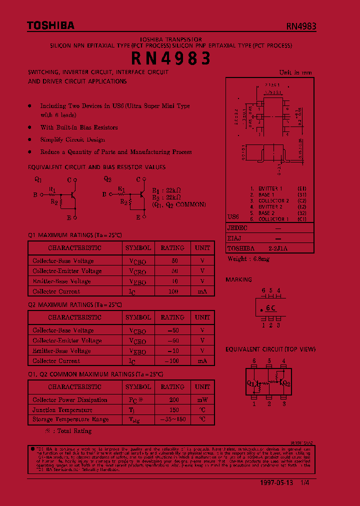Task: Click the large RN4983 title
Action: (171, 59)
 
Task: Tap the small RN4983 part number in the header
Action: (301, 27)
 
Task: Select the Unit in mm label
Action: (295, 72)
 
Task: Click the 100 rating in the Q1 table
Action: (172, 291)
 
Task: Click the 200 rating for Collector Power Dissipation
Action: (173, 400)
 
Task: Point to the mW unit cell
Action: (202, 400)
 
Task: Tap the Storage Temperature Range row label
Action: (70, 419)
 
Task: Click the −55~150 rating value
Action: (172, 419)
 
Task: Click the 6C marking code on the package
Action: (271, 308)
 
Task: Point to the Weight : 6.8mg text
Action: (248, 259)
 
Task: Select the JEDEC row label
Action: (237, 227)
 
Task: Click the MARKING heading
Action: (238, 280)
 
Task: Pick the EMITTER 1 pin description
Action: (270, 188)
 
